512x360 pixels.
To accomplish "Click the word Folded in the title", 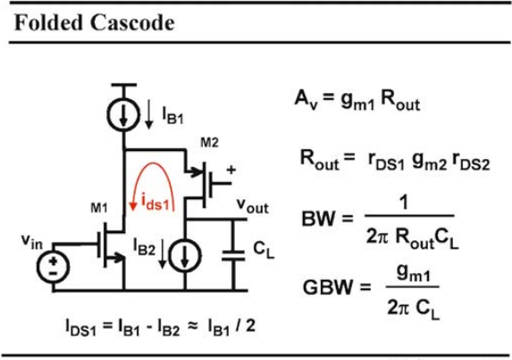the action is pyautogui.click(x=47, y=22).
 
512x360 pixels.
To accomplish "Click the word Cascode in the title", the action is pyautogui.click(x=132, y=22).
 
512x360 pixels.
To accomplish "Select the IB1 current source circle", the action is pyautogui.click(x=123, y=113).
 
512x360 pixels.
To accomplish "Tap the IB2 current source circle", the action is pyautogui.click(x=184, y=255).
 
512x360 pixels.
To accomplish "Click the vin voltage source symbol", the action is pyautogui.click(x=53, y=267).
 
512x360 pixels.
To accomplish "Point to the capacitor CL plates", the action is pyautogui.click(x=233, y=255).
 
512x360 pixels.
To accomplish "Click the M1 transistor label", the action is pyautogui.click(x=99, y=207).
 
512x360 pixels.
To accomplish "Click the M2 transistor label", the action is pyautogui.click(x=209, y=143).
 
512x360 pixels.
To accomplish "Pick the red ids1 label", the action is pyautogui.click(x=155, y=203).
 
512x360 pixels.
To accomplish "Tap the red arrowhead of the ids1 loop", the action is pyautogui.click(x=133, y=206).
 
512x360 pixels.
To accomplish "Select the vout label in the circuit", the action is pyautogui.click(x=252, y=206).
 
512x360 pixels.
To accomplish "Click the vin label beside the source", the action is pyautogui.click(x=31, y=241).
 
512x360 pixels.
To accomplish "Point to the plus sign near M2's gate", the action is pyautogui.click(x=231, y=170).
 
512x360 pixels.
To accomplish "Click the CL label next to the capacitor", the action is pyautogui.click(x=264, y=250).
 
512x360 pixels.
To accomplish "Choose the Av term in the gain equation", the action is pyautogui.click(x=306, y=98).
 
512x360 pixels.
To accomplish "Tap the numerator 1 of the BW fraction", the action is pyautogui.click(x=404, y=203).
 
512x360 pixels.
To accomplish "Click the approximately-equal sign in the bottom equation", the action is pyautogui.click(x=193, y=326).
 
